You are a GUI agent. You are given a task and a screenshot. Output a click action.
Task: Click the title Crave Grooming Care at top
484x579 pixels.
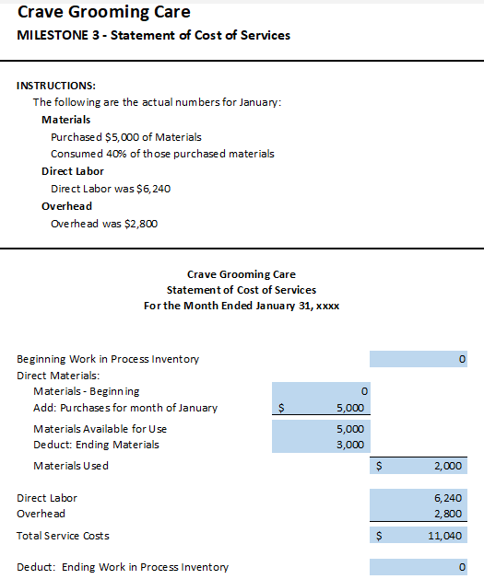104,13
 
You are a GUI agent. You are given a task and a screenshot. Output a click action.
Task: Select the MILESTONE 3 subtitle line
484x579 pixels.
154,36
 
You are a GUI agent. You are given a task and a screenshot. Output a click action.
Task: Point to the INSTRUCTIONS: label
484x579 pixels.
56,86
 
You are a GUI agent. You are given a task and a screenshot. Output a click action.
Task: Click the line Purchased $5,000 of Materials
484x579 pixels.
126,137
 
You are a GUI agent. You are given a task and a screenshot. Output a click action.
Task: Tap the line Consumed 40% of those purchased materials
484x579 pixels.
162,154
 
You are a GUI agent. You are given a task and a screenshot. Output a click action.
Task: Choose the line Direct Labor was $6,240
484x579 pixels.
111,188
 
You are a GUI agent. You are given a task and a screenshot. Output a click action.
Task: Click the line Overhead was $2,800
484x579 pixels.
104,223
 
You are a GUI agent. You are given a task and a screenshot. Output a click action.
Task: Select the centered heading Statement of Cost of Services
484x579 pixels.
242,290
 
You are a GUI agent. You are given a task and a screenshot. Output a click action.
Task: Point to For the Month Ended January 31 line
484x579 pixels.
242,306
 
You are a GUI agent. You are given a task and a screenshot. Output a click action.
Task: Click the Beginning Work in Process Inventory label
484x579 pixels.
108,359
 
